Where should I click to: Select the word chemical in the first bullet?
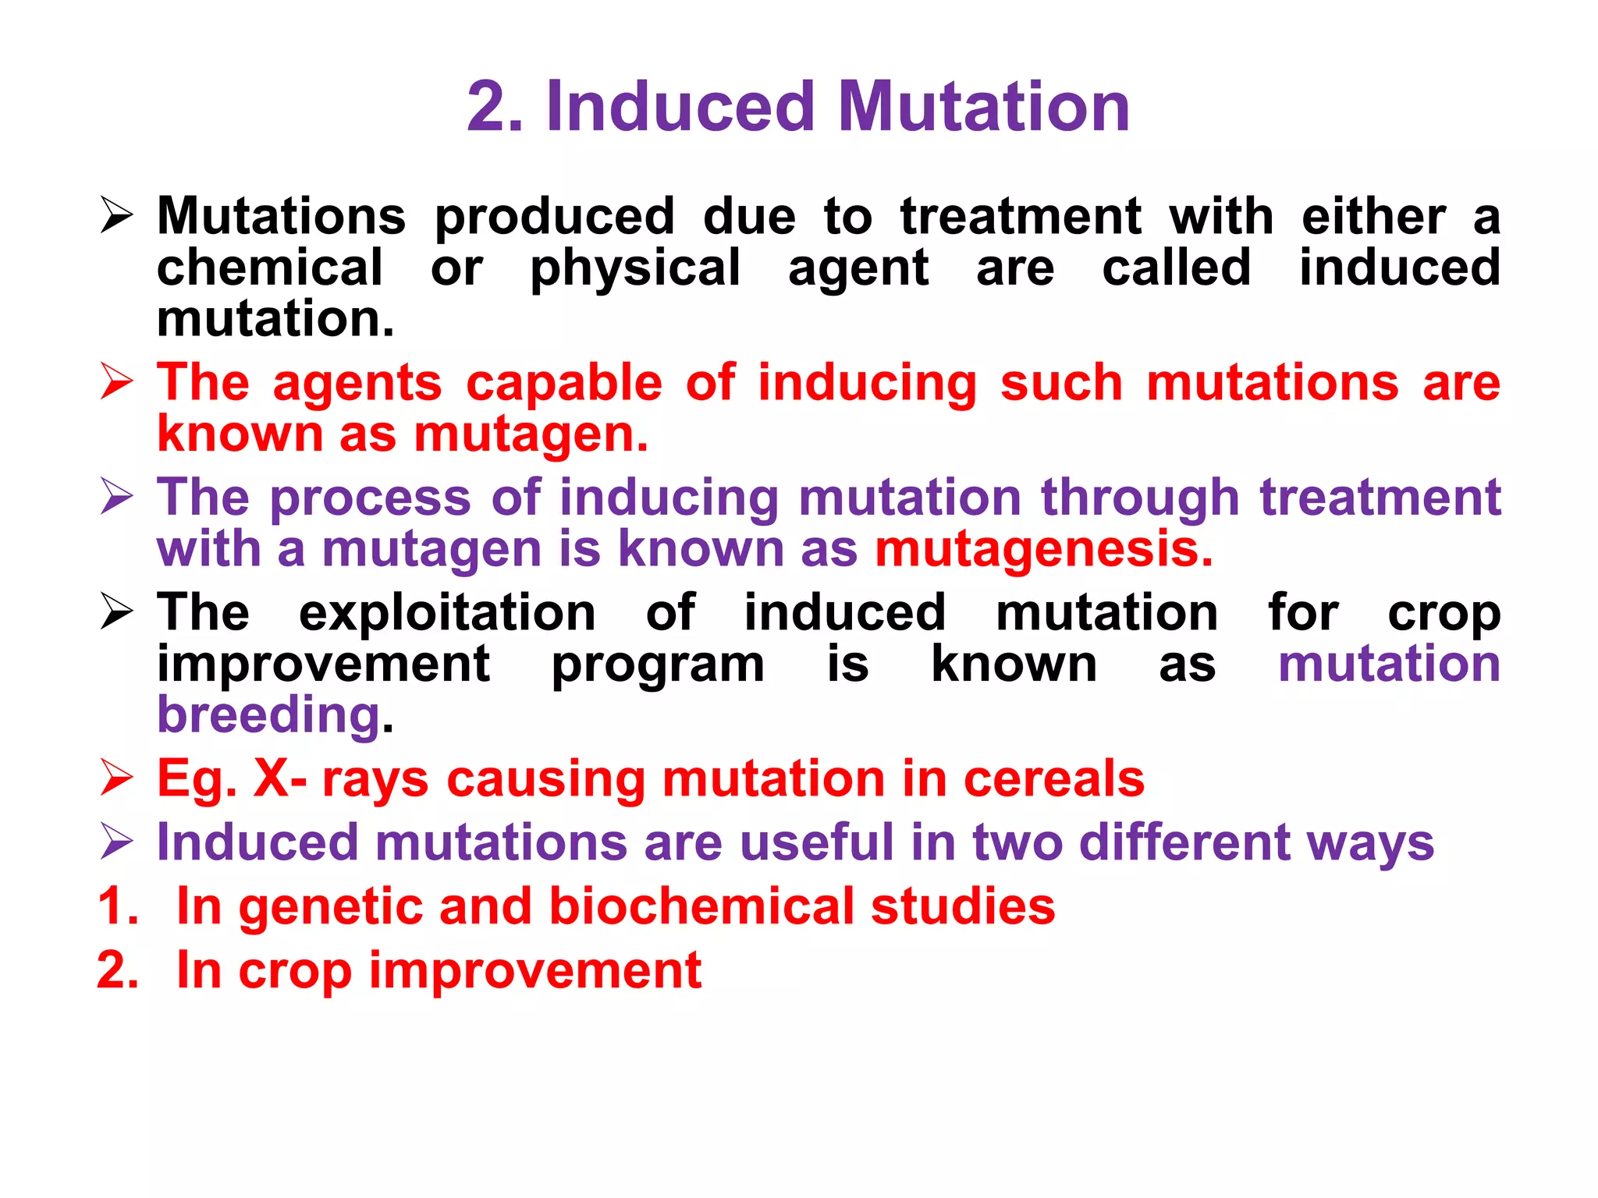[x=269, y=268]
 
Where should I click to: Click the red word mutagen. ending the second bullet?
[x=531, y=435]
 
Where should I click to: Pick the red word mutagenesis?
[x=1043, y=550]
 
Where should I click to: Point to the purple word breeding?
[x=268, y=716]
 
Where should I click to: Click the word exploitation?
[x=448, y=612]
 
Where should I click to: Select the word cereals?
[x=1053, y=779]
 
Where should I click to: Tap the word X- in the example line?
[x=280, y=779]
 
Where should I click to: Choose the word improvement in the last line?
[x=534, y=971]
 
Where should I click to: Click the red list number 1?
[x=118, y=907]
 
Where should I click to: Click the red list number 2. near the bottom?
[x=118, y=971]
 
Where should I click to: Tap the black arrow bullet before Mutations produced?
[x=117, y=216]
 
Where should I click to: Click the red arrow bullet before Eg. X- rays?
[x=117, y=779]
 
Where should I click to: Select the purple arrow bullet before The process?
[x=117, y=498]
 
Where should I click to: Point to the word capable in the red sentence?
[x=564, y=384]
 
